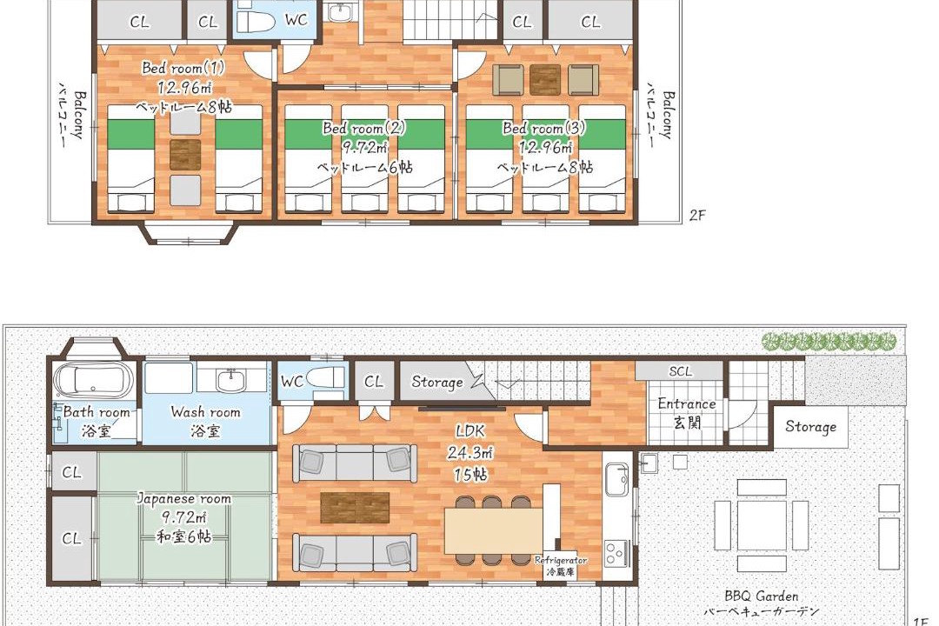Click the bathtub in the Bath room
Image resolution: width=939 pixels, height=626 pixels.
click(x=93, y=379)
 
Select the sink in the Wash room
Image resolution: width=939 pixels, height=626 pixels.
click(x=228, y=381)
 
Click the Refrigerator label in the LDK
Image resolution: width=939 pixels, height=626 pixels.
click(x=561, y=560)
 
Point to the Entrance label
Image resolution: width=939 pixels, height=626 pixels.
click(x=687, y=403)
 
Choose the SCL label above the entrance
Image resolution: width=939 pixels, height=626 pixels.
click(x=680, y=371)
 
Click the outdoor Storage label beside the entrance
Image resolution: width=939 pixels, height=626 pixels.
click(x=810, y=427)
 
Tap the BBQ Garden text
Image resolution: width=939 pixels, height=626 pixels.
click(x=761, y=596)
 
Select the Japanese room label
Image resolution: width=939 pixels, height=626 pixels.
click(x=183, y=498)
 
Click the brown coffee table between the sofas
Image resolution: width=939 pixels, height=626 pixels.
click(x=355, y=508)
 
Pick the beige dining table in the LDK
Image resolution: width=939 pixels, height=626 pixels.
click(x=494, y=530)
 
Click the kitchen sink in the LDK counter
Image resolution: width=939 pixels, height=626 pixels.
click(x=616, y=480)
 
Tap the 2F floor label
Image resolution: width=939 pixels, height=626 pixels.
click(x=697, y=215)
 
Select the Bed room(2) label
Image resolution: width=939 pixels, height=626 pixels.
click(x=364, y=128)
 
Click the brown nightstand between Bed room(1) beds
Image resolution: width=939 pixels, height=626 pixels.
click(x=184, y=155)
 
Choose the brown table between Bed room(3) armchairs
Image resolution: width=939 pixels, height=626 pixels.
click(x=545, y=80)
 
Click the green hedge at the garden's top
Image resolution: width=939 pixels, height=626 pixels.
click(x=829, y=342)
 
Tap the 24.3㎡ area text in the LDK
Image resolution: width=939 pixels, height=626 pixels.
click(x=469, y=452)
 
